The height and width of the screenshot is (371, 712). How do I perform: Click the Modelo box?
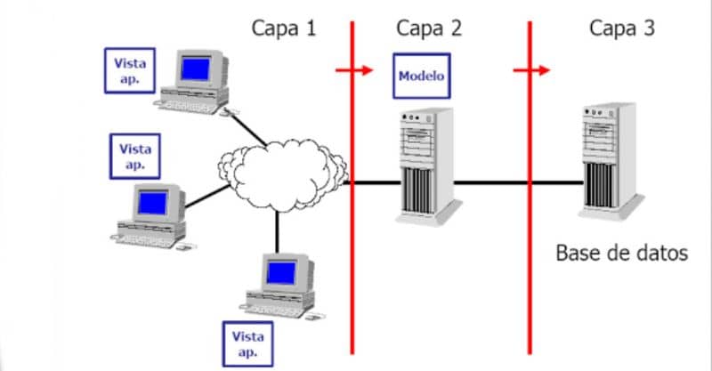(421, 76)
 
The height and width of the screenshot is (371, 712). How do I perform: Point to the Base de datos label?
(621, 252)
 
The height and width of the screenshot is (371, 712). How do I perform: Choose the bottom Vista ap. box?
(248, 343)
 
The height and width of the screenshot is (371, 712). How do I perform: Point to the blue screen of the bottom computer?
(282, 269)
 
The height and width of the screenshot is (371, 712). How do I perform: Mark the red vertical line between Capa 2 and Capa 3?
(530, 267)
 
